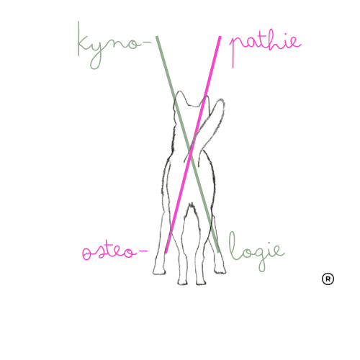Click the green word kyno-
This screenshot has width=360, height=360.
114,45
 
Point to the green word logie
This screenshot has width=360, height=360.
256,251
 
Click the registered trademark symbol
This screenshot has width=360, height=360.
328,279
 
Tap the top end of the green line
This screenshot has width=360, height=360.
157,37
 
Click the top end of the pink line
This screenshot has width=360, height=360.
220,37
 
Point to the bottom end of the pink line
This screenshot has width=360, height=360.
166,252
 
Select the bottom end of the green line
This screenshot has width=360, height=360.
218,252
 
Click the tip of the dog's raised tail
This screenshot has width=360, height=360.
221,100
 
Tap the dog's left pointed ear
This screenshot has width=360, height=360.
180,96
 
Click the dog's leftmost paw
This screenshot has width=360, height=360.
159,271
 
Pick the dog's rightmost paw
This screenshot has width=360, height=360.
220,271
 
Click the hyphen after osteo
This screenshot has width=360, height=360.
143,251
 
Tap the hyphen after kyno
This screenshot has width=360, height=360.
147,42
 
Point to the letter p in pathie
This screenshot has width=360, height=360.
235,48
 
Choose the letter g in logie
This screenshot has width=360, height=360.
262,258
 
